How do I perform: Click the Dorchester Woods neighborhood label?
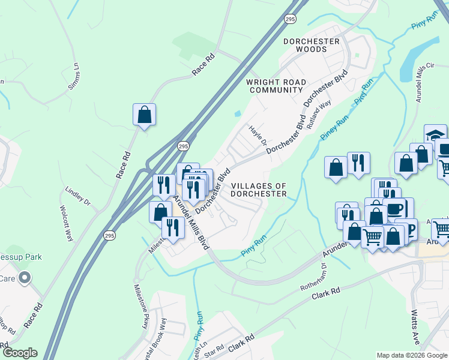click(312, 46)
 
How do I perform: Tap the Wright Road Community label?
click(276, 86)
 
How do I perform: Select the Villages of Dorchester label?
click(259, 190)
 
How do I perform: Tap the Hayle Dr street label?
click(257, 136)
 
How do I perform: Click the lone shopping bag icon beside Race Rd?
click(144, 115)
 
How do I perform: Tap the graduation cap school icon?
click(435, 135)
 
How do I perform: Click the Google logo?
click(20, 353)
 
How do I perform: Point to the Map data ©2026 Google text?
click(411, 355)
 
